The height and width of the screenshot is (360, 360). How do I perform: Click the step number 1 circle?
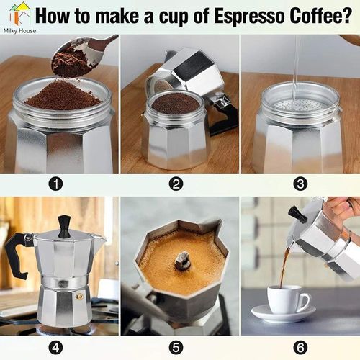pyautogui.click(x=55, y=184)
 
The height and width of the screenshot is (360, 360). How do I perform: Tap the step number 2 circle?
pyautogui.click(x=176, y=184)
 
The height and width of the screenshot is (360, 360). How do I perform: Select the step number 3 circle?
pyautogui.click(x=300, y=184)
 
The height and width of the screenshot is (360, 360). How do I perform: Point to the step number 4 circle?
pyautogui.click(x=55, y=347)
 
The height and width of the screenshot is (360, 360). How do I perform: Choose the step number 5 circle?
pyautogui.click(x=176, y=347)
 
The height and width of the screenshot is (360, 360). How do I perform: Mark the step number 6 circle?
pyautogui.click(x=300, y=347)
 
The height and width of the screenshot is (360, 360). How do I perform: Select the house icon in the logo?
pyautogui.click(x=19, y=13)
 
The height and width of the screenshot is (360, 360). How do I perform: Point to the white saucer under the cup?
pyautogui.click(x=284, y=314)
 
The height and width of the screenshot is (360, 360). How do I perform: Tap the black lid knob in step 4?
pyautogui.click(x=64, y=225)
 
